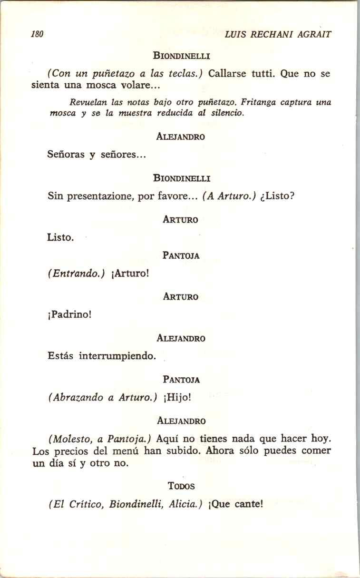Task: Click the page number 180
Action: click(x=37, y=34)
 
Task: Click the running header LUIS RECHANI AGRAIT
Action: click(x=278, y=34)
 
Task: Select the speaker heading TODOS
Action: click(x=181, y=486)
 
